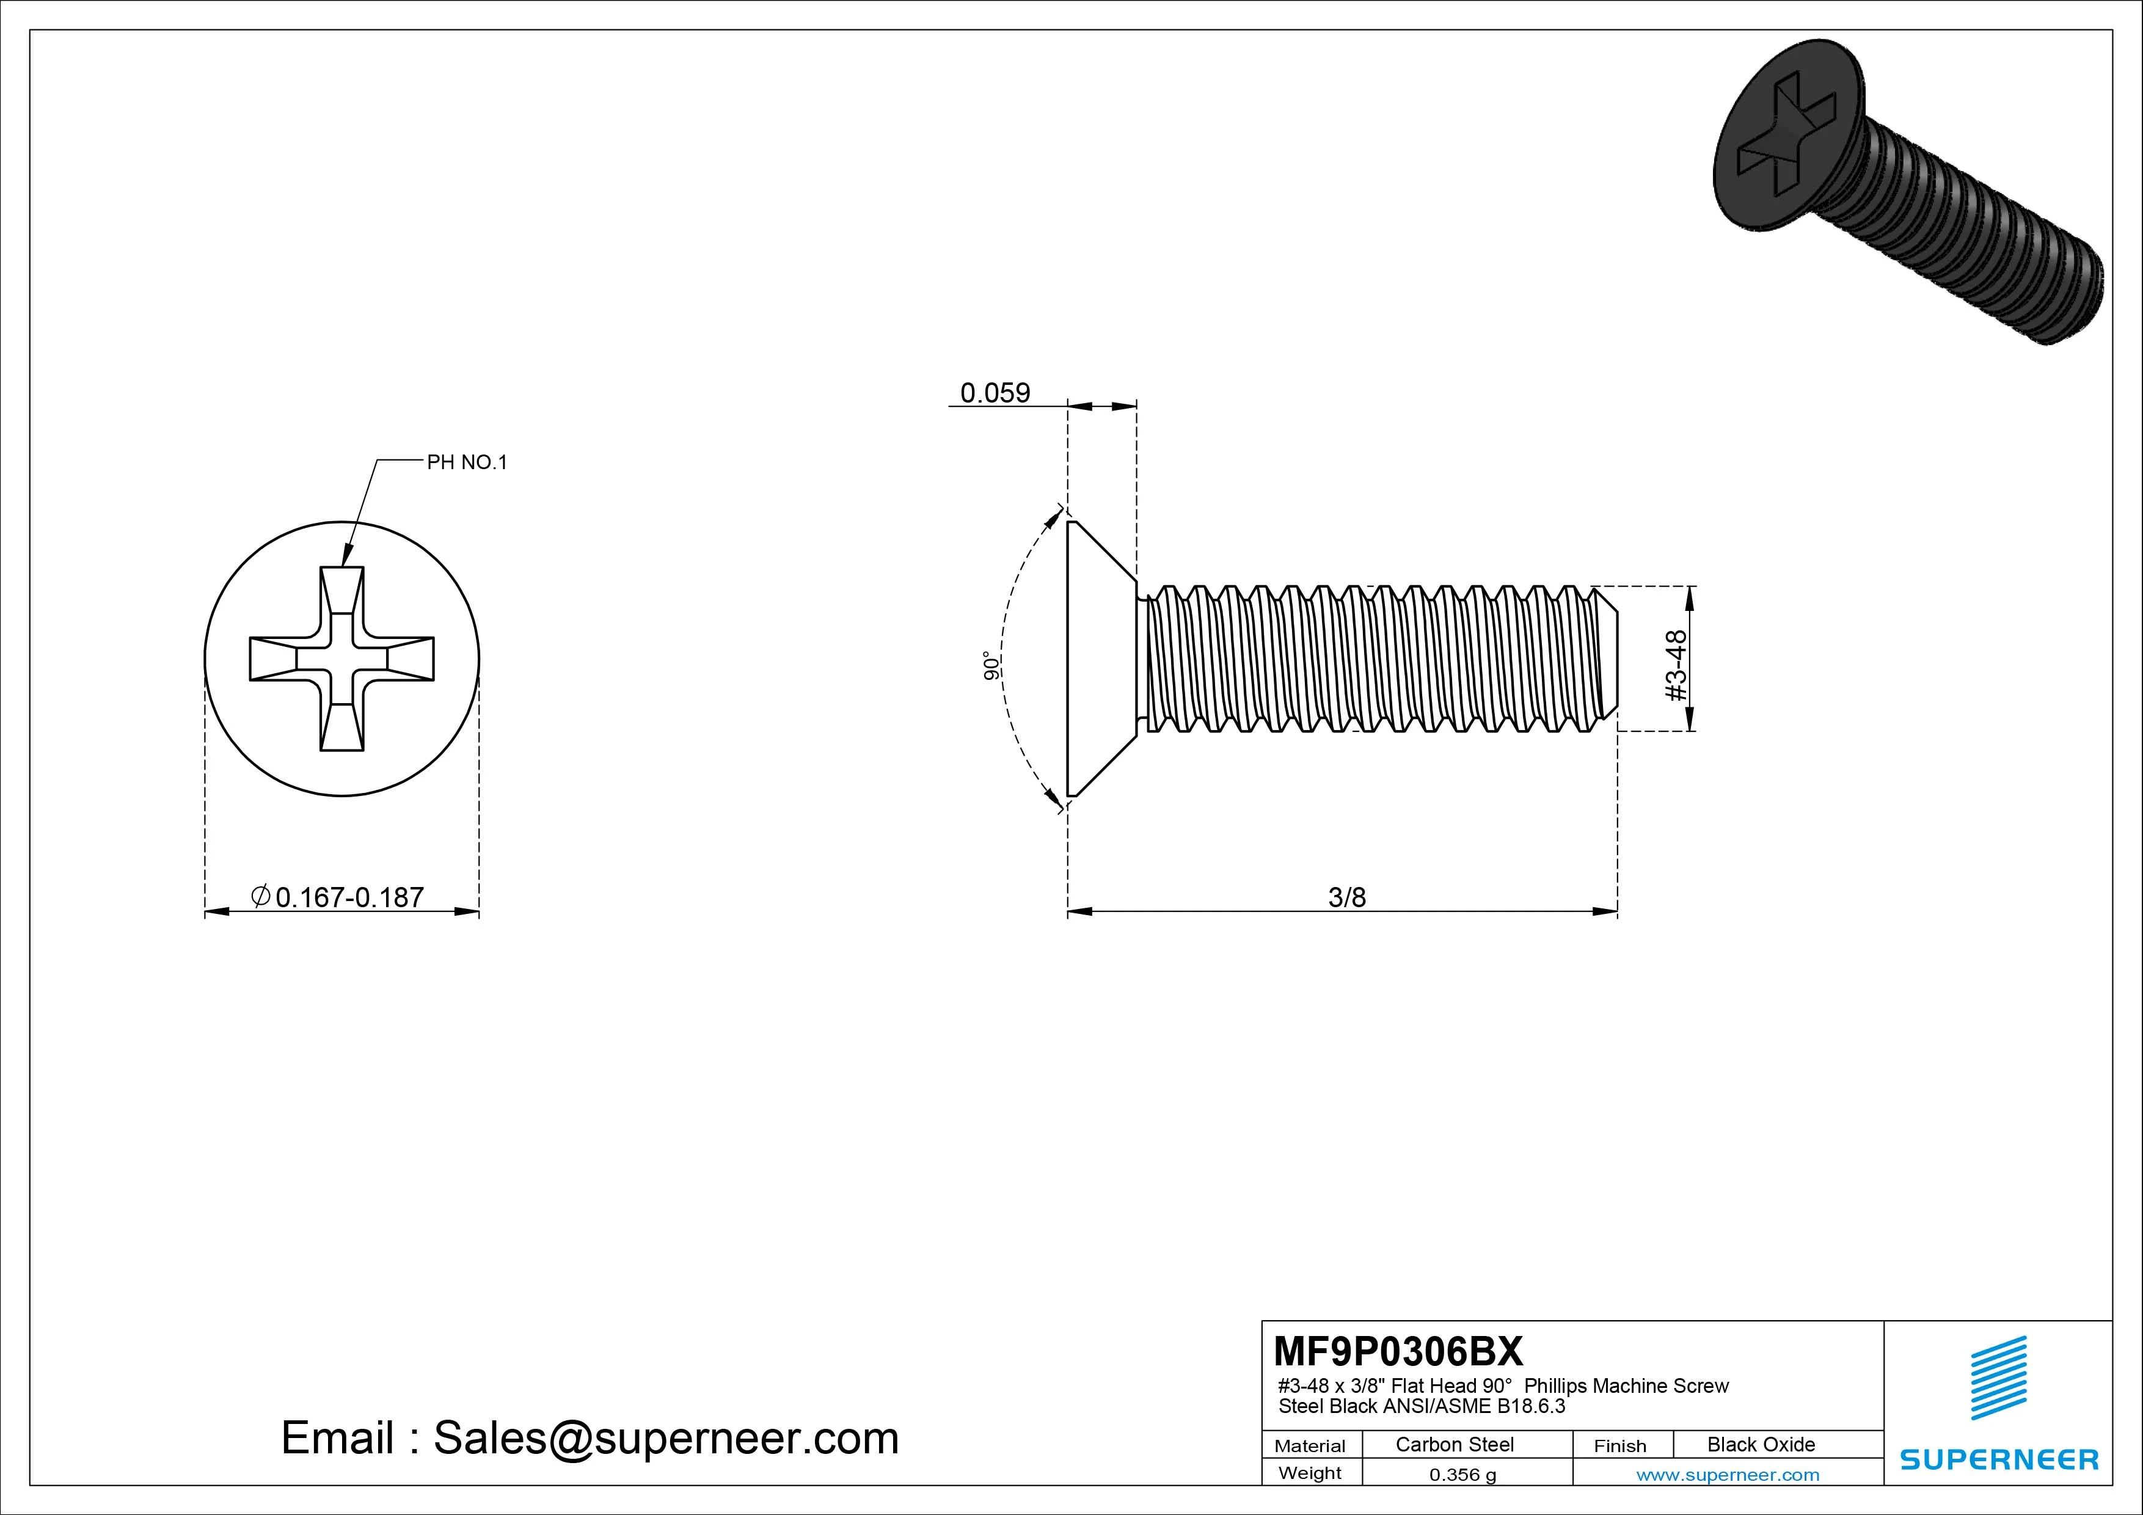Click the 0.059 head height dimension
point(995,393)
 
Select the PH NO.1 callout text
point(467,462)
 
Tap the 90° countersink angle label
point(991,665)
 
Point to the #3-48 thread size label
point(1676,665)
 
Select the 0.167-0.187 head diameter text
point(349,897)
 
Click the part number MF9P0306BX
point(1397,1351)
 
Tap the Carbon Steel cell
point(1454,1444)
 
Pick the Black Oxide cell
point(1761,1444)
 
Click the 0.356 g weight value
point(1462,1475)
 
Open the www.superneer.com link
point(1728,1475)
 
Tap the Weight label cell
point(1310,1473)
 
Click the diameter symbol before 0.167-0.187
point(261,896)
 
